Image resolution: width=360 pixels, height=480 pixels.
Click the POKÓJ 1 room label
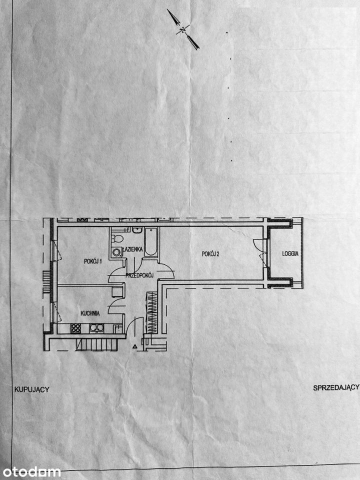(x=93, y=261)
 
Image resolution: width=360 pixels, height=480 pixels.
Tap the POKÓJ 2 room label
(x=210, y=254)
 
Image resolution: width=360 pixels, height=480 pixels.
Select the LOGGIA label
(x=290, y=253)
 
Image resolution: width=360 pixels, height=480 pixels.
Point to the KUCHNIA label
(x=90, y=313)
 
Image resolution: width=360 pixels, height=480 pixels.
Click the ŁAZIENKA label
(x=132, y=249)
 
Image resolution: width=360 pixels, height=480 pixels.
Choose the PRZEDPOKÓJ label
(x=139, y=275)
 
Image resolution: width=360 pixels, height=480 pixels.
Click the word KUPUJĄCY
(x=32, y=389)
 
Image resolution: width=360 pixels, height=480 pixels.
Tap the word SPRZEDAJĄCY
(x=336, y=387)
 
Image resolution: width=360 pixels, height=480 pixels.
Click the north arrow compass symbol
(x=183, y=29)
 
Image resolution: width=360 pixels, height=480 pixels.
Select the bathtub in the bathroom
(x=151, y=242)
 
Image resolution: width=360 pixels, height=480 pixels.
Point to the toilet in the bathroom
(x=116, y=238)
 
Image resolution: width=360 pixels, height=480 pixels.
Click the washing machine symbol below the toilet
(x=116, y=252)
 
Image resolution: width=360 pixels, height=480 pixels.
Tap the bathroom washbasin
(x=137, y=230)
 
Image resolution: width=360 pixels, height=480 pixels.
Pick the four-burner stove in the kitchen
(x=75, y=328)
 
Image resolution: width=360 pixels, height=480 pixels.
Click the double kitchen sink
(x=96, y=328)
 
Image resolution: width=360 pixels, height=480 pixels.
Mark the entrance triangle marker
(x=134, y=347)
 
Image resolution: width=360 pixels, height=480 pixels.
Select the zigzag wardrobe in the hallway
(x=151, y=312)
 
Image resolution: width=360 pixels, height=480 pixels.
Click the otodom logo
(x=30, y=471)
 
